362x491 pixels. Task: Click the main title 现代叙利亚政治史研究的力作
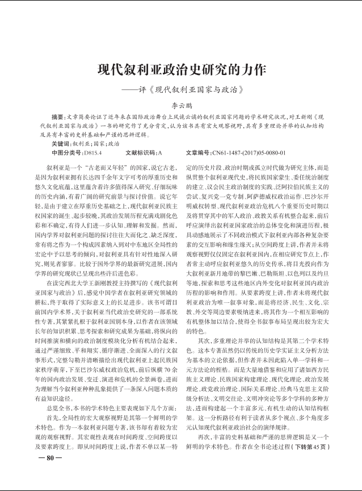point(181,70)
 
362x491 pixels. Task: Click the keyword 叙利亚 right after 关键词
point(80,144)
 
